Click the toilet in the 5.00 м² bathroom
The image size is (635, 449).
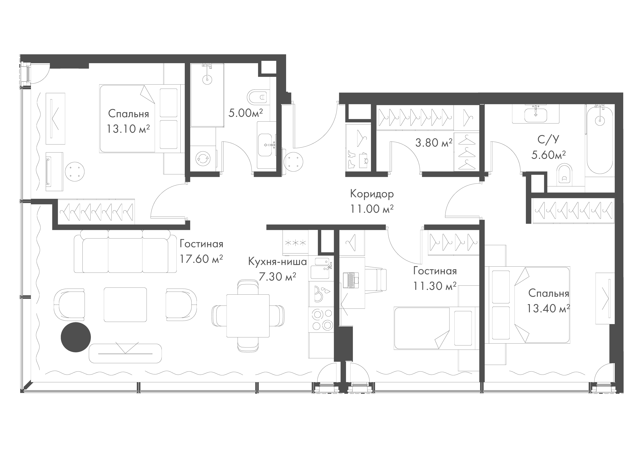(x=257, y=97)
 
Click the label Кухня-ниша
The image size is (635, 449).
(x=277, y=261)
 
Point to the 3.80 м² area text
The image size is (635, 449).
(x=434, y=143)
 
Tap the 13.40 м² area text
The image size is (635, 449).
(x=548, y=308)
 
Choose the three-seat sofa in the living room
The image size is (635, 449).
(x=125, y=251)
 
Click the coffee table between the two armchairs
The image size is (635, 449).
(x=125, y=305)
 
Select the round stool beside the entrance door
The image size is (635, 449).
(x=294, y=161)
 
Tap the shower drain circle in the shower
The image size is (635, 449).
(x=207, y=80)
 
